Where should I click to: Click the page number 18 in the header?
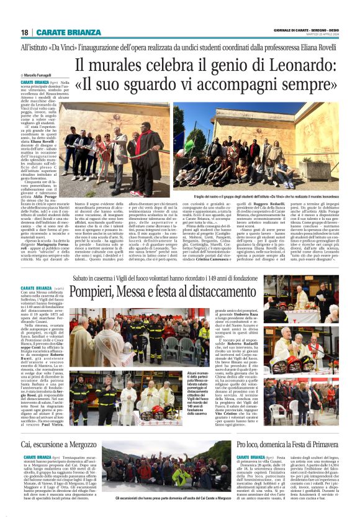pyautogui.click(x=25, y=32)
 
